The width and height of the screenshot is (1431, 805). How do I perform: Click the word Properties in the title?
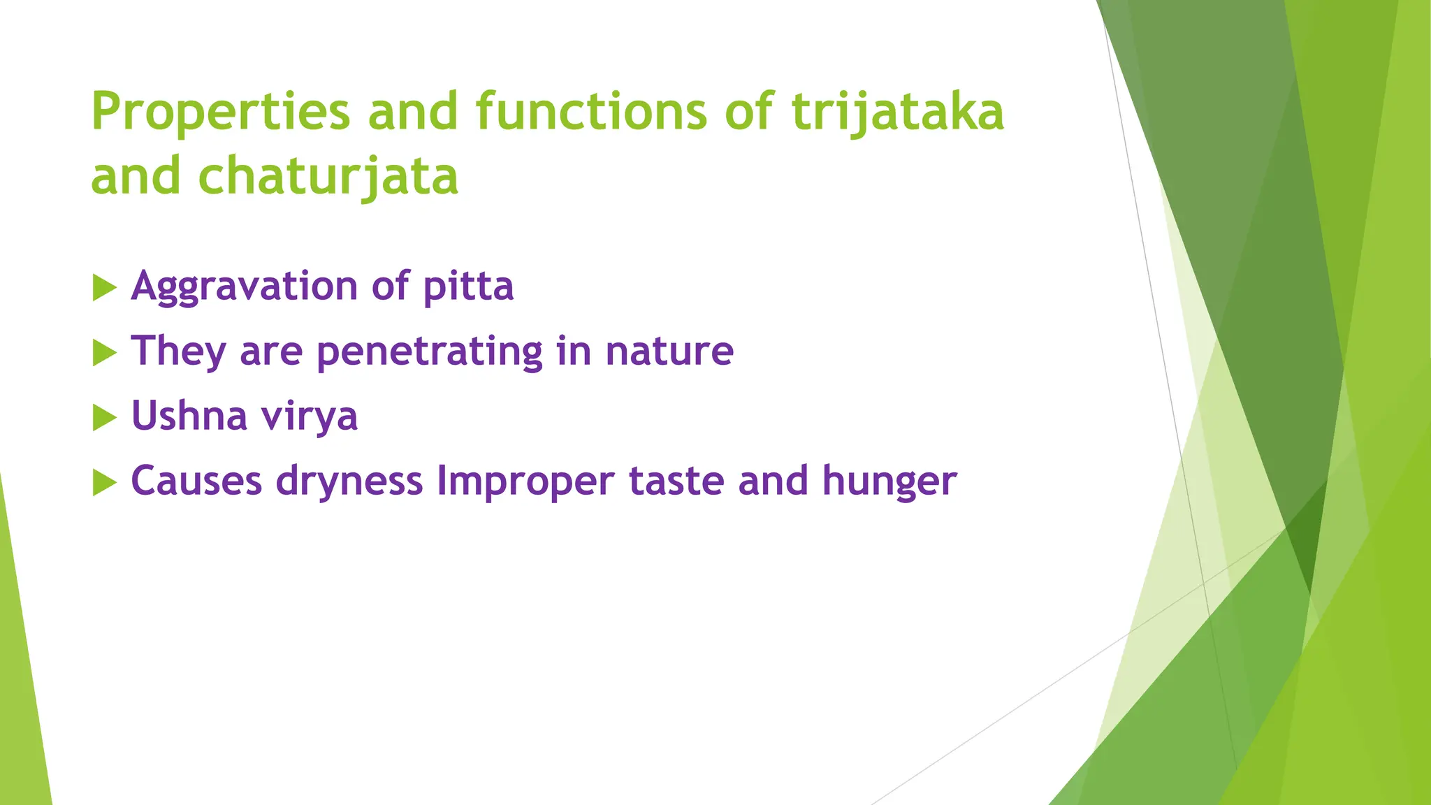220,112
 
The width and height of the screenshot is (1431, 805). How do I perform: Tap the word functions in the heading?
591,112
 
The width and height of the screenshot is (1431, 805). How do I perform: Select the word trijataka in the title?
897,112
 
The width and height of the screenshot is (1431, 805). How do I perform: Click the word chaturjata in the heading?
328,176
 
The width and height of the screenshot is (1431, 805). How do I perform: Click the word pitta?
468,287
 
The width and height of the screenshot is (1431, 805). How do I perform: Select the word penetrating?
429,351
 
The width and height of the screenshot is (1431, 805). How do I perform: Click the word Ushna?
189,416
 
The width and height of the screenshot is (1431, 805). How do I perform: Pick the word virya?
309,417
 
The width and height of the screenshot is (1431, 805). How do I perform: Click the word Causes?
196,481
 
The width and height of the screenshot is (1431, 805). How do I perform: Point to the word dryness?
349,482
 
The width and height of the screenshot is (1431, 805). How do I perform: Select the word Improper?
525,482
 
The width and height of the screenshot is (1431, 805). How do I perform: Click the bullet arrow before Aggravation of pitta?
104,288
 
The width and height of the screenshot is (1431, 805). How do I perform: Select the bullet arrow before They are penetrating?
104,353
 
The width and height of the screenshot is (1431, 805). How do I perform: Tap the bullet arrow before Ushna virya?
104,418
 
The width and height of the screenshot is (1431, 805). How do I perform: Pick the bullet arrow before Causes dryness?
104,482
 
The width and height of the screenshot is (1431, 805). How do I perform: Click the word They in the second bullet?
178,351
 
